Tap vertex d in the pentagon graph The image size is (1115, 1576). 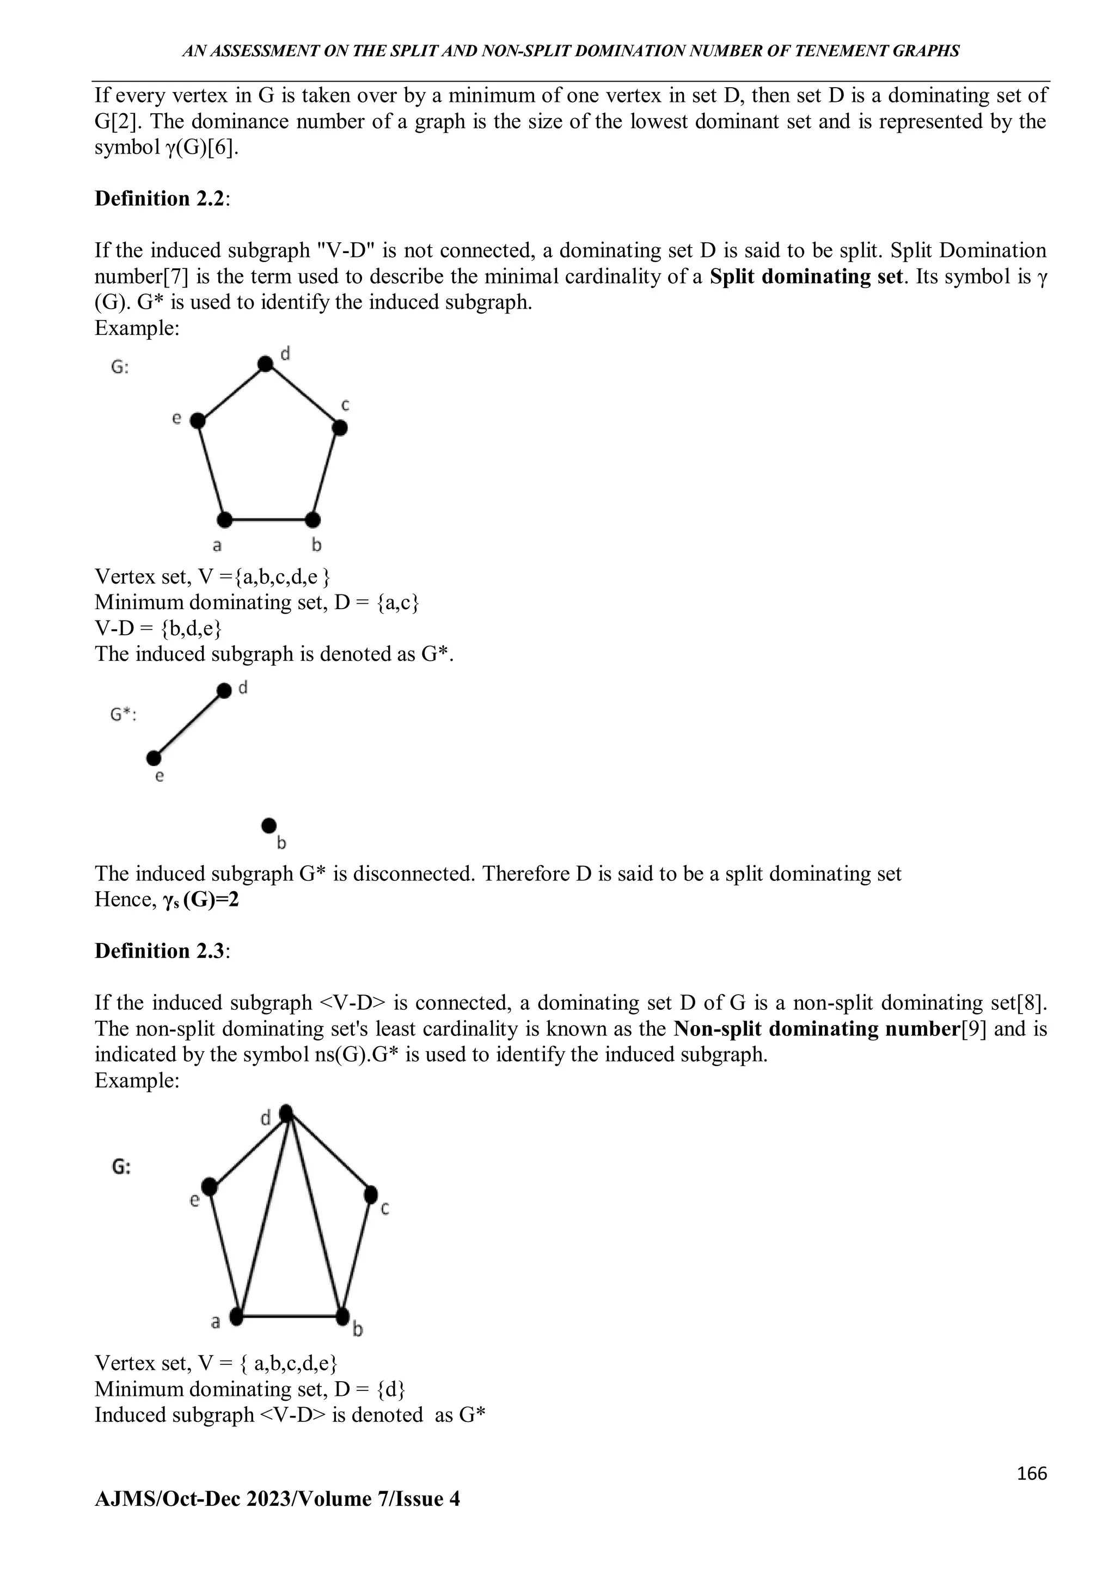[265, 363]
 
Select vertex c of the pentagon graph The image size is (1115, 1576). [339, 428]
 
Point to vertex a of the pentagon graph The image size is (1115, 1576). [224, 519]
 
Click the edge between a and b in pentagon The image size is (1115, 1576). [268, 519]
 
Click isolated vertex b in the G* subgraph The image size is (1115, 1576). [269, 824]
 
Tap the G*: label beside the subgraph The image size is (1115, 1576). [124, 715]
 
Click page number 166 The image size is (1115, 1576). [1032, 1474]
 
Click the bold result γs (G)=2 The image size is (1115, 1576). [199, 900]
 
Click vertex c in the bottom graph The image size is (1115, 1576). [371, 1194]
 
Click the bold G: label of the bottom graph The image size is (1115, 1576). [121, 1167]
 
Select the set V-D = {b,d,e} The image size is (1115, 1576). [158, 628]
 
